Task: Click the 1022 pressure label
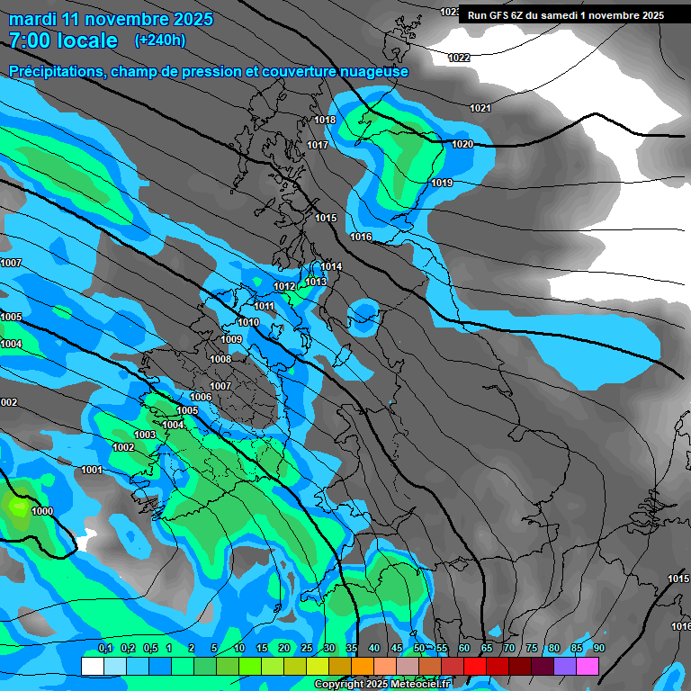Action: pos(459,58)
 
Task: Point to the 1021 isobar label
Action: pos(480,108)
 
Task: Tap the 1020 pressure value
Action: pos(462,144)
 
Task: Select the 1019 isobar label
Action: pos(442,183)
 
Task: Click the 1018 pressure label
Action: pos(325,120)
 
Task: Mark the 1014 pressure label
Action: pos(331,266)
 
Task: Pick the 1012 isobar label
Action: pos(285,286)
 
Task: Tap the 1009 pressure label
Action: pos(231,339)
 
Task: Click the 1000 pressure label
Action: pos(42,511)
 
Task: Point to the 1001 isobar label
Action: pos(92,470)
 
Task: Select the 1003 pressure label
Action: pos(145,435)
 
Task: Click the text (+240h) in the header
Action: pos(160,40)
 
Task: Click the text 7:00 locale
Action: pos(63,40)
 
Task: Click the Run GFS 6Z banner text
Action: pos(566,15)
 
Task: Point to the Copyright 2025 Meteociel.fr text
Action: pos(382,684)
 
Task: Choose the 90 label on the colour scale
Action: pos(599,648)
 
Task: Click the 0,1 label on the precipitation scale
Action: pos(105,648)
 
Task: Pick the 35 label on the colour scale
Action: pos(352,648)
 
